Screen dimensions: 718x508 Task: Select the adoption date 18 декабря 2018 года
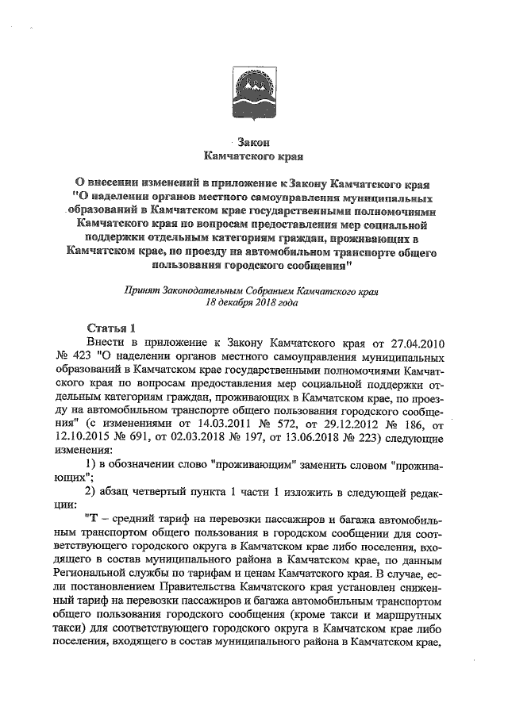(252, 303)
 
